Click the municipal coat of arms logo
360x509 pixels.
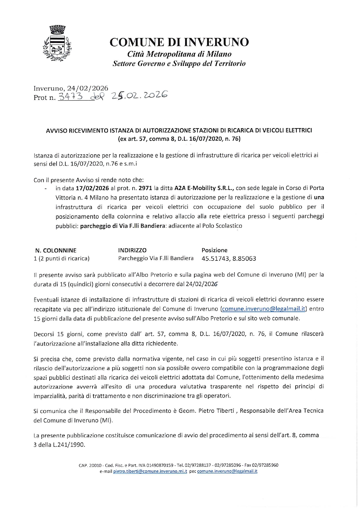pos(57,44)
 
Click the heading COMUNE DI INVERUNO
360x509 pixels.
pos(179,42)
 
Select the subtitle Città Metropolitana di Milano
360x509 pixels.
pos(180,54)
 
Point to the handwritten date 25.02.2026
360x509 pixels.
pos(138,95)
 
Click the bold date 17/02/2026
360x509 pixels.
pos(92,188)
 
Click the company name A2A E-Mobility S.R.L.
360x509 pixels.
pos(204,188)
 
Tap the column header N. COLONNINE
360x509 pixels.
pos(56,250)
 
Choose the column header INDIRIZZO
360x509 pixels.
pos(132,250)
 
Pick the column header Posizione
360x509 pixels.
pos(214,250)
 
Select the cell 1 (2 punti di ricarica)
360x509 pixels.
pos(62,258)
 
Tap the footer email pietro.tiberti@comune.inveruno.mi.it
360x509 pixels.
pos(150,471)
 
